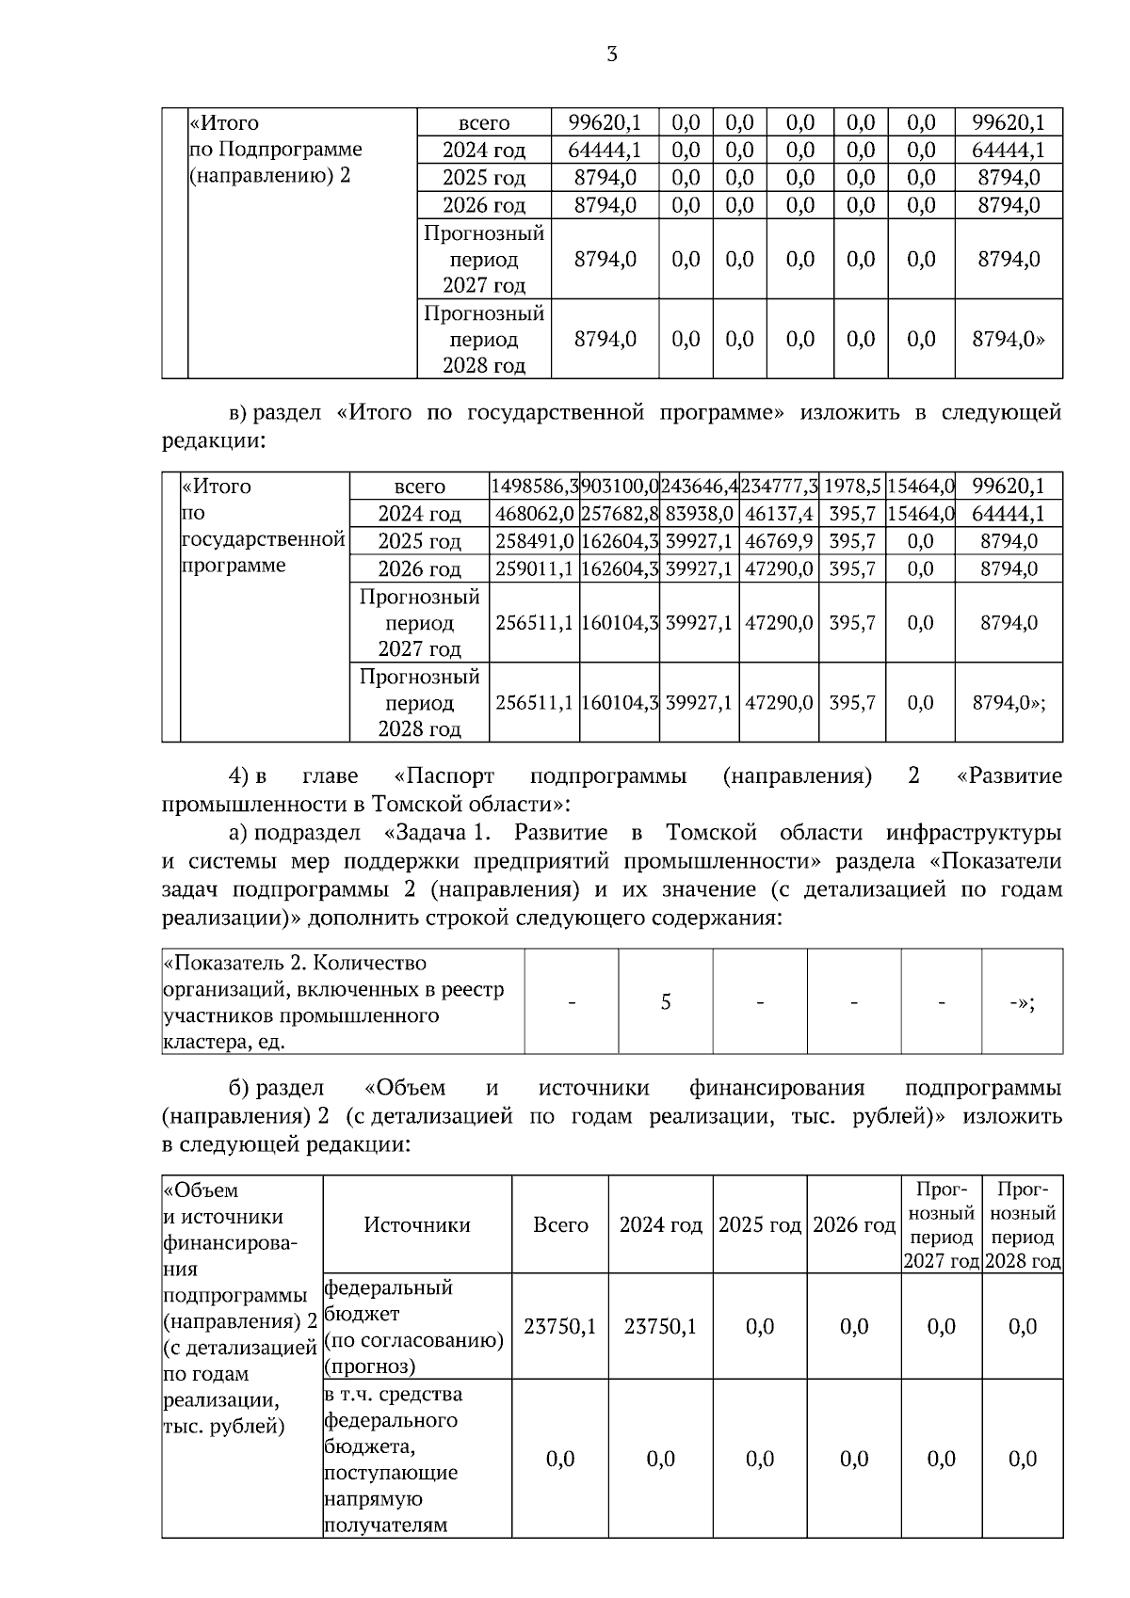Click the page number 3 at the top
click(612, 55)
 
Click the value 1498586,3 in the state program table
click(534, 487)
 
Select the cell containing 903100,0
click(619, 487)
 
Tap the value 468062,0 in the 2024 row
click(534, 514)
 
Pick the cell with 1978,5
click(852, 487)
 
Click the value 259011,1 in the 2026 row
click(534, 568)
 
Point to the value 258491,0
click(534, 541)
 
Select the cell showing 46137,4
click(779, 514)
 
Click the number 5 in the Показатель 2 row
click(666, 1001)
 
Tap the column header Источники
click(417, 1224)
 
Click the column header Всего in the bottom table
click(560, 1224)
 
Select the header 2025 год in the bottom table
click(759, 1225)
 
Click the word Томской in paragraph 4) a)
click(711, 833)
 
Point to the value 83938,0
click(699, 514)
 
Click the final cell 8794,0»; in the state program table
click(1009, 703)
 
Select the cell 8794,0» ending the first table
click(1009, 339)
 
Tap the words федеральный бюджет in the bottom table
click(388, 1300)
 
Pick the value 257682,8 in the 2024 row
click(619, 514)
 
